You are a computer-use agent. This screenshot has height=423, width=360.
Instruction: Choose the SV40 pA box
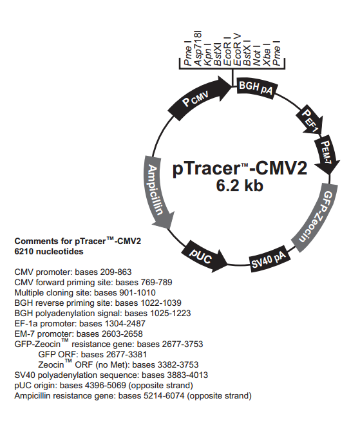(269, 259)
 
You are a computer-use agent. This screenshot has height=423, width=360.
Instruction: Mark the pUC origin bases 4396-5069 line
(103, 385)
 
